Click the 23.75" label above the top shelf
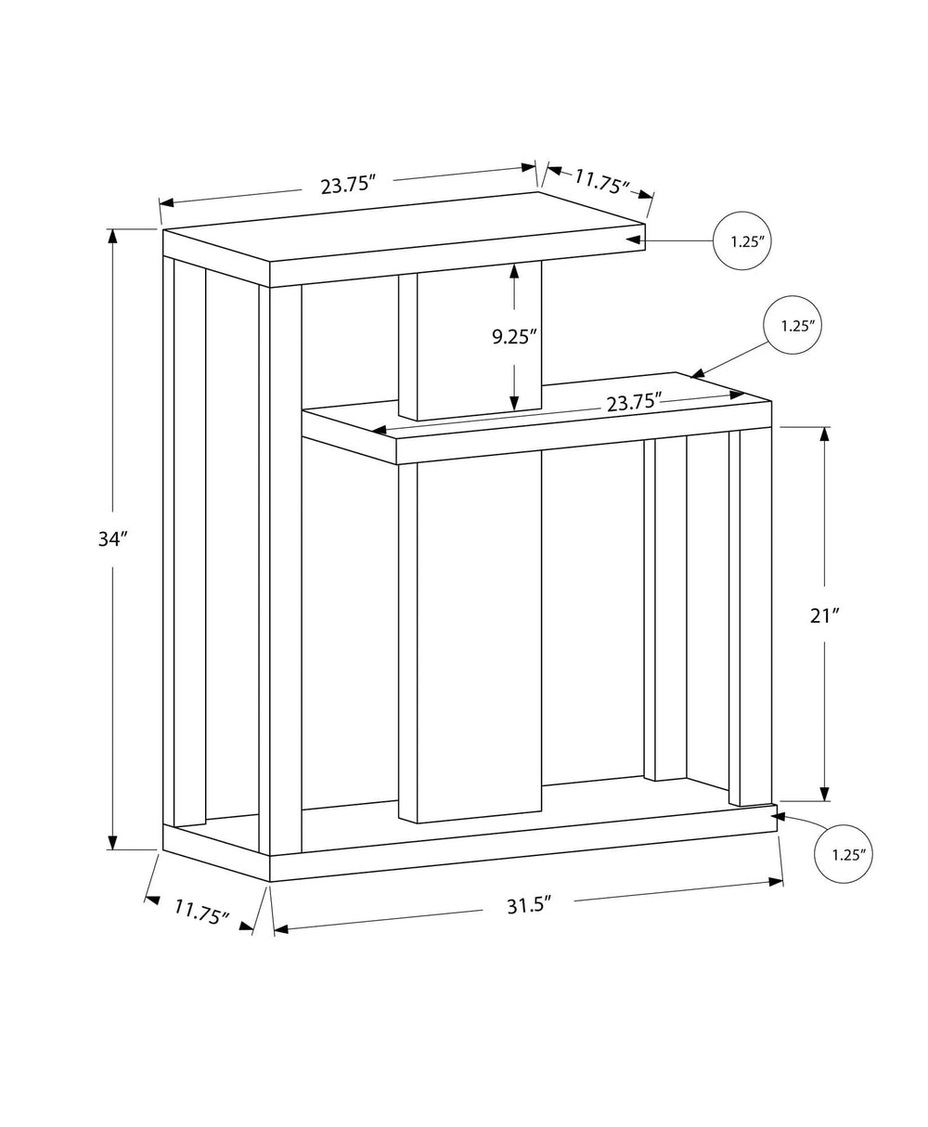coord(347,184)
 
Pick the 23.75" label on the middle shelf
coord(634,402)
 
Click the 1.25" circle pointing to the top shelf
coord(742,241)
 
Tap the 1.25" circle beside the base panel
coord(844,855)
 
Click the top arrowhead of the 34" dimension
coord(113,236)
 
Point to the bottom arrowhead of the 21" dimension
coord(825,792)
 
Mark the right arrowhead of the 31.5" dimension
coord(776,881)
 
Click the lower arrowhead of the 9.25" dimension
coord(513,401)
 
